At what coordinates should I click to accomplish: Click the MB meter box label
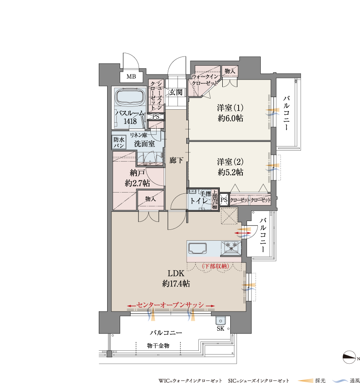[131, 77]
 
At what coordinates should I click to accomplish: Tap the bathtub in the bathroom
[129, 97]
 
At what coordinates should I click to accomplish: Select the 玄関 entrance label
[175, 92]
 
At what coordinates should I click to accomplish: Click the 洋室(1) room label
[230, 108]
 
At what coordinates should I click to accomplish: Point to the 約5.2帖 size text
[230, 172]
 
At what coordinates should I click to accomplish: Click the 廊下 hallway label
[176, 160]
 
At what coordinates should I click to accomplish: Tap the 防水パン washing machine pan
[119, 142]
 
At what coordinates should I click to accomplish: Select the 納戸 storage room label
[137, 173]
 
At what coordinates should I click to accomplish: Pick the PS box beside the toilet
[224, 200]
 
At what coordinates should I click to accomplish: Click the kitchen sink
[197, 249]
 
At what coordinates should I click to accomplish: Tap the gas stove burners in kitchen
[231, 247]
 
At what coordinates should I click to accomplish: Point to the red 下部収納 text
[216, 266]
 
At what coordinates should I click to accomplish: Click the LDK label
[176, 273]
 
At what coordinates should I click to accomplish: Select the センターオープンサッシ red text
[170, 305]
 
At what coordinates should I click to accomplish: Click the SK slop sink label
[220, 329]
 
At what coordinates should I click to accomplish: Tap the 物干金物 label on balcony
[158, 345]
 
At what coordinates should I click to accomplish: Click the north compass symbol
[350, 357]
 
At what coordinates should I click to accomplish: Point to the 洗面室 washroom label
[144, 144]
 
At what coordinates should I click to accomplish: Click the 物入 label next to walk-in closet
[230, 71]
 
